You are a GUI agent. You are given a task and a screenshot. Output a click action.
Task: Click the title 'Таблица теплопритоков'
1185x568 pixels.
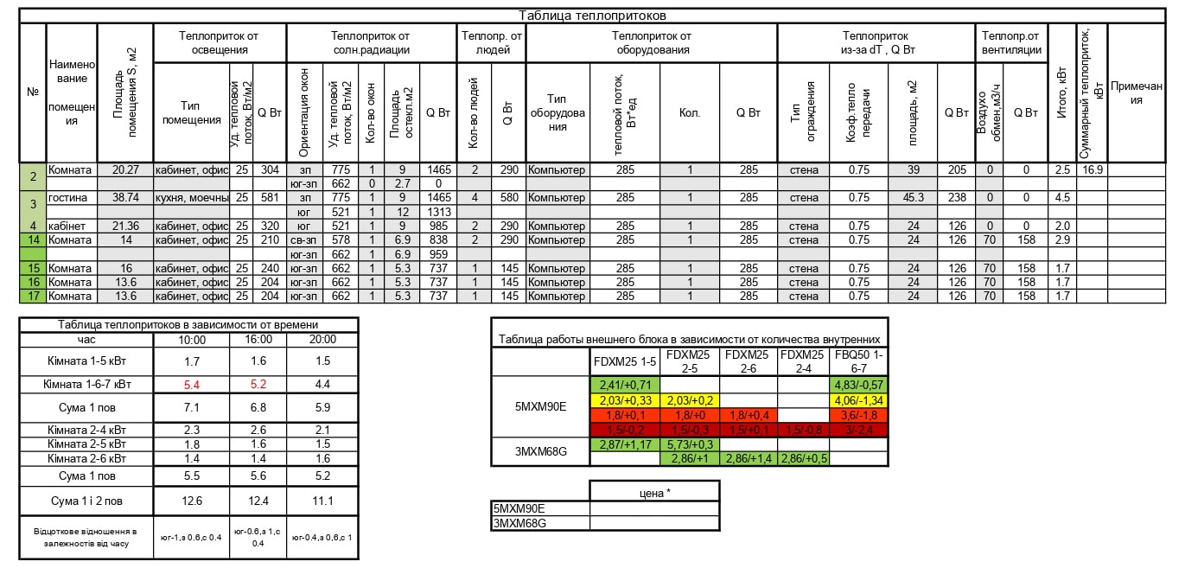point(591,16)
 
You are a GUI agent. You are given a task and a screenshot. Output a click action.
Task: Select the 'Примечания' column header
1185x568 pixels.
point(1137,93)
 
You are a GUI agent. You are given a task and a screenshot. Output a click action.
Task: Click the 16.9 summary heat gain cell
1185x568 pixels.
point(1092,170)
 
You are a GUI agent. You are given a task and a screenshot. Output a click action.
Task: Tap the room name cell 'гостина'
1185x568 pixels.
point(68,198)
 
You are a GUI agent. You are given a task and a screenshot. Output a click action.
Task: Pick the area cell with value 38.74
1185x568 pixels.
point(125,198)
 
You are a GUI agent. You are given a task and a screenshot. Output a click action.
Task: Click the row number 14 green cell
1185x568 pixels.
point(33,240)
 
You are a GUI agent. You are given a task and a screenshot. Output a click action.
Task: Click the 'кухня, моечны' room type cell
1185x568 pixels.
point(191,198)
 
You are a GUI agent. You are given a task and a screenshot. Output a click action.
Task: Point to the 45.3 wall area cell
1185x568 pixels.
point(912,198)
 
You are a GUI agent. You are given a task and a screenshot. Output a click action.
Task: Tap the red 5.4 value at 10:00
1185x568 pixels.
point(194,383)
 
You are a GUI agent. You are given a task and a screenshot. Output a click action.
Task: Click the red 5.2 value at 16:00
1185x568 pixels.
point(258,383)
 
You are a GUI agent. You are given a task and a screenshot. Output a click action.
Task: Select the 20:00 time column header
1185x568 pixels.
point(322,340)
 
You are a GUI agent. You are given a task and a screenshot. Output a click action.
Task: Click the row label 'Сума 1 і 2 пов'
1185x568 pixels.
point(85,501)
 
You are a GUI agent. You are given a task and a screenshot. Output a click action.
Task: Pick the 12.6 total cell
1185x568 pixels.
point(194,501)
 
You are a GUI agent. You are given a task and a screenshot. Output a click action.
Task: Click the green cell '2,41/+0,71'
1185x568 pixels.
point(625,385)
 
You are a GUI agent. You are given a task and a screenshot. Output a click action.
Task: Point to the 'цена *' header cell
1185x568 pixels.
point(654,492)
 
